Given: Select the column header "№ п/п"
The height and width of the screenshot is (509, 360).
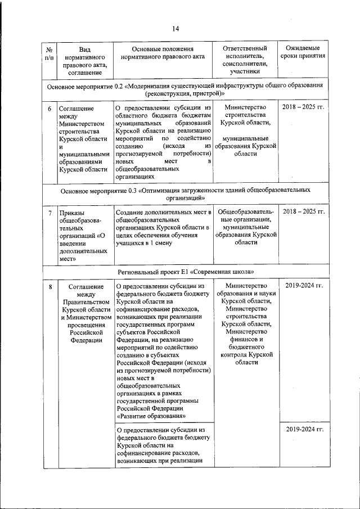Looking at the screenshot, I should coord(49,54).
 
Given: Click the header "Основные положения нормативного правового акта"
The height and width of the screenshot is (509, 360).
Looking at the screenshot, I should coord(162,53).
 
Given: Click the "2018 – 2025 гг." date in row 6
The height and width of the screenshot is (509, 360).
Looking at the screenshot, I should coord(303,107).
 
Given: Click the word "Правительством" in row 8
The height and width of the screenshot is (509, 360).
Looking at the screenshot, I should coord(83,301).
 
